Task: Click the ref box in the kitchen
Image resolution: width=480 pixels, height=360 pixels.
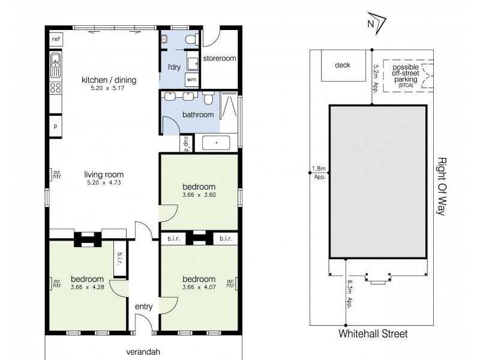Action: (56, 39)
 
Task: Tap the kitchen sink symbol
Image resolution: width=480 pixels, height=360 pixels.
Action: (55, 64)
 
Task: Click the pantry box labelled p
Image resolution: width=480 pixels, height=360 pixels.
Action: (55, 127)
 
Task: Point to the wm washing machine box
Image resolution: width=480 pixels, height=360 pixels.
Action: (191, 79)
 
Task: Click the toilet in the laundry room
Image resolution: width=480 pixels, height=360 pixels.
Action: (190, 40)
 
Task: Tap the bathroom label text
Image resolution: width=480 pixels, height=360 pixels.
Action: (198, 115)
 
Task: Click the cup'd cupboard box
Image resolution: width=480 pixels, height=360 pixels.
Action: (187, 143)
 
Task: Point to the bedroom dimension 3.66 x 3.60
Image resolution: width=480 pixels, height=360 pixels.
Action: (198, 195)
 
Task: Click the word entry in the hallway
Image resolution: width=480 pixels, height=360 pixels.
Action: (144, 307)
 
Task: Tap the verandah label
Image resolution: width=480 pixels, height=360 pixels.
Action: (143, 352)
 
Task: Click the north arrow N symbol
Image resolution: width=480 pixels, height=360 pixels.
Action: (371, 24)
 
